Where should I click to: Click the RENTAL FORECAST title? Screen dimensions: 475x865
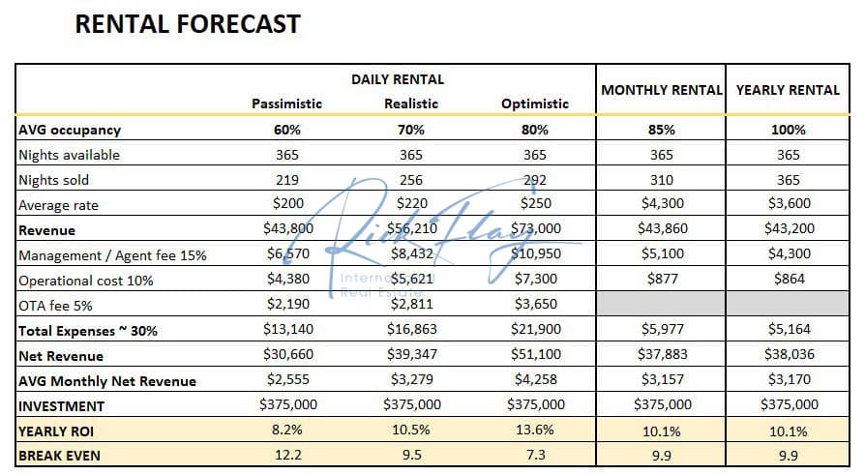click(x=188, y=24)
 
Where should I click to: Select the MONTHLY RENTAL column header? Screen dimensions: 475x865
click(x=662, y=90)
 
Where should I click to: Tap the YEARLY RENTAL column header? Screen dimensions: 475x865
click(x=788, y=90)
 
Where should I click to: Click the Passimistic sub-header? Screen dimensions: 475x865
click(x=286, y=104)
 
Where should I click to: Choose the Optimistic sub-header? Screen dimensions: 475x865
click(x=535, y=104)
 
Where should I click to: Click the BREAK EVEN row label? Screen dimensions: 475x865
click(x=59, y=456)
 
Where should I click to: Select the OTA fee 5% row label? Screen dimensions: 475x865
click(x=57, y=305)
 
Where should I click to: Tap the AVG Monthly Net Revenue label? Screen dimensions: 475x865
click(x=107, y=380)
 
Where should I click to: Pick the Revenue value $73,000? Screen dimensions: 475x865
click(x=535, y=229)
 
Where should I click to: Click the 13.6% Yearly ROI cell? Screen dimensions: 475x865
click(x=535, y=430)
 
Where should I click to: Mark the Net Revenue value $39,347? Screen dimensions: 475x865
click(x=411, y=355)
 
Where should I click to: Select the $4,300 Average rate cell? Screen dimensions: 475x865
click(x=662, y=204)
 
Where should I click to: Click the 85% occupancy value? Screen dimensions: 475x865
click(x=662, y=130)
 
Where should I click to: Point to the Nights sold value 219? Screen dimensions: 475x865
click(x=286, y=179)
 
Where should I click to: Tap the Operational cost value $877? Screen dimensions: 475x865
click(x=662, y=280)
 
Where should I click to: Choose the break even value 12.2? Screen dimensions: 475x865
click(x=286, y=456)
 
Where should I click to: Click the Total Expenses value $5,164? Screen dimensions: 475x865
click(x=788, y=330)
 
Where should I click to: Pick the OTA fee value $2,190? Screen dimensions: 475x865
click(x=286, y=305)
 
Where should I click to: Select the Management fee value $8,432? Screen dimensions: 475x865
click(x=411, y=254)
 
